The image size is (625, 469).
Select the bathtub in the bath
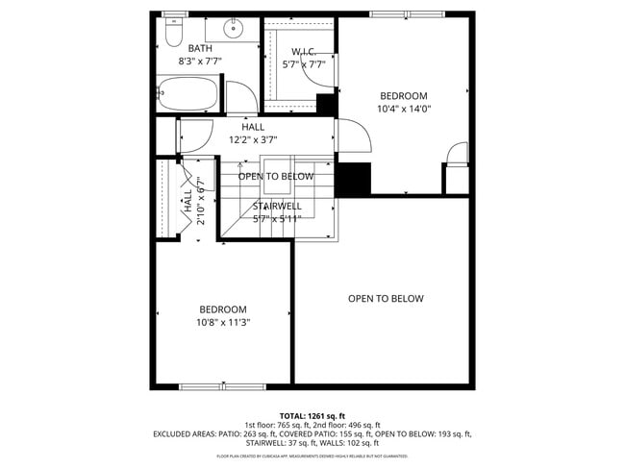(189, 96)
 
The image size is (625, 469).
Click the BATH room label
(200, 48)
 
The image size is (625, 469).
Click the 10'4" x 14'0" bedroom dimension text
(403, 109)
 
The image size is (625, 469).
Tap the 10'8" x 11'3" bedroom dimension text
(222, 323)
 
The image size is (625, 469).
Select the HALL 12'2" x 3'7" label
(253, 134)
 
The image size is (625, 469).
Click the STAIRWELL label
(277, 206)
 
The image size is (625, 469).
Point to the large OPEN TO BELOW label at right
(385, 299)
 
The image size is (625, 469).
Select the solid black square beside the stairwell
(354, 179)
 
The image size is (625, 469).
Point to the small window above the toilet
(174, 13)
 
